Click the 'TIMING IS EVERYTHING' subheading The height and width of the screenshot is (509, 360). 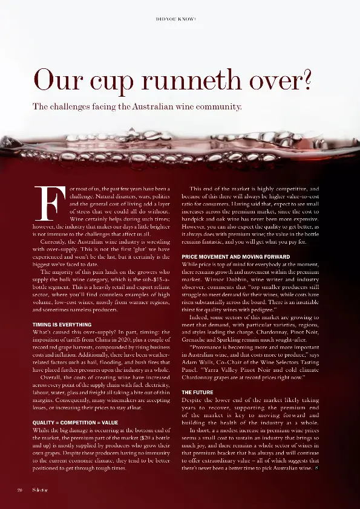pyautogui.click(x=62, y=325)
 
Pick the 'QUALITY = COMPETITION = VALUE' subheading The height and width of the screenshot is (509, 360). pyautogui.click(x=74, y=422)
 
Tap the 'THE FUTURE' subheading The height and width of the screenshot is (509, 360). pyautogui.click(x=197, y=375)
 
